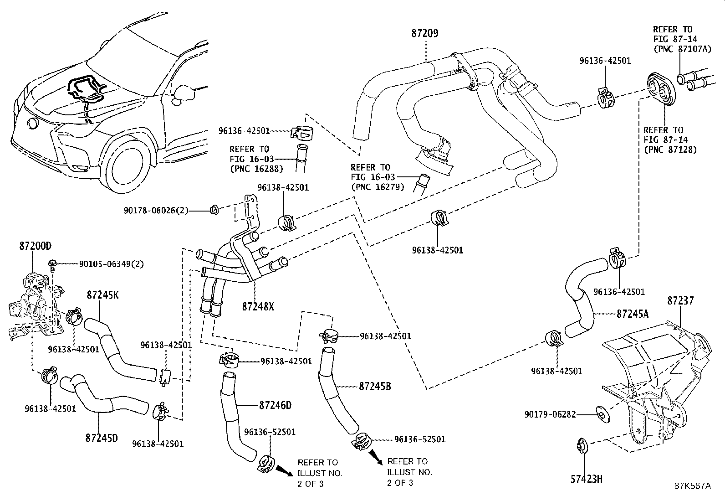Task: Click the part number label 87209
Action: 424,33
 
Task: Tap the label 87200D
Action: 35,246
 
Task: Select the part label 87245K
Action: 102,295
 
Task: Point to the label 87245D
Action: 102,438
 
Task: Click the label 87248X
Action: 258,306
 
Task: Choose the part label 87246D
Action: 275,405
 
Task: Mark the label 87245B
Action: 375,386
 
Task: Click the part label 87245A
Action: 633,314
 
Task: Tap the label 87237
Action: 681,301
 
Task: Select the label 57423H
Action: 587,479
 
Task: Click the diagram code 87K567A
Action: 693,486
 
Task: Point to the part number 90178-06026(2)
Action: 156,211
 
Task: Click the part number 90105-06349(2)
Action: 111,264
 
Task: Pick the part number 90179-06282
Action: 550,414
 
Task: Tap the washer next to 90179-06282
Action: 602,414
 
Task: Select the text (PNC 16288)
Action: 257,169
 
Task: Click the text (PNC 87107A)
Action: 682,49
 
